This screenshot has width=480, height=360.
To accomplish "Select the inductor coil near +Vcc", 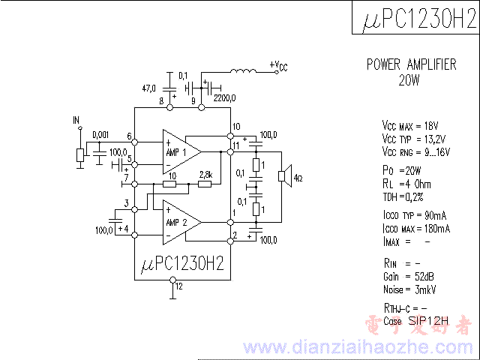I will click(x=242, y=72).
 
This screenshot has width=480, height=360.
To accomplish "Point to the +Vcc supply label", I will click(x=277, y=66).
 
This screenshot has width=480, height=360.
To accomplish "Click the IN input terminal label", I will click(x=76, y=120).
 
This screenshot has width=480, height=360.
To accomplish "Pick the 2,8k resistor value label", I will click(x=205, y=175).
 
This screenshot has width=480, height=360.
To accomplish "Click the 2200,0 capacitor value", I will click(x=224, y=97).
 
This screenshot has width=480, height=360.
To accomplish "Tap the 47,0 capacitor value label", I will click(x=151, y=87).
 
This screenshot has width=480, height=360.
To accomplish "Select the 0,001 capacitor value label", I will click(x=100, y=135).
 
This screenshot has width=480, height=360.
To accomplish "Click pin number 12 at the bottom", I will click(x=178, y=286).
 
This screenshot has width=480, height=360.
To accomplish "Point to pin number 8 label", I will click(x=161, y=100).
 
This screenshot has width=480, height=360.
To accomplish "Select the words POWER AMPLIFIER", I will click(x=411, y=64).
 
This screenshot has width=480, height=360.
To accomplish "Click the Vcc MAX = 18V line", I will click(x=410, y=125).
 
